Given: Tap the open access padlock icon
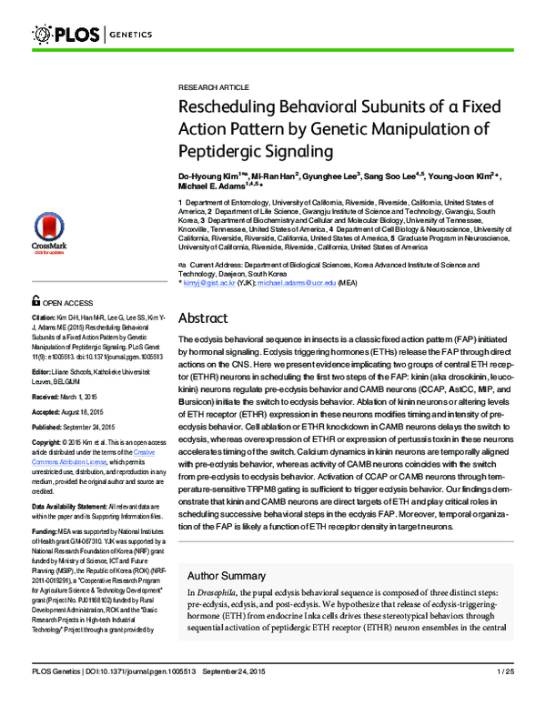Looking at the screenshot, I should coord(35,300).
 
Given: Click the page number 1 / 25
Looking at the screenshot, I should coord(505,696).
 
